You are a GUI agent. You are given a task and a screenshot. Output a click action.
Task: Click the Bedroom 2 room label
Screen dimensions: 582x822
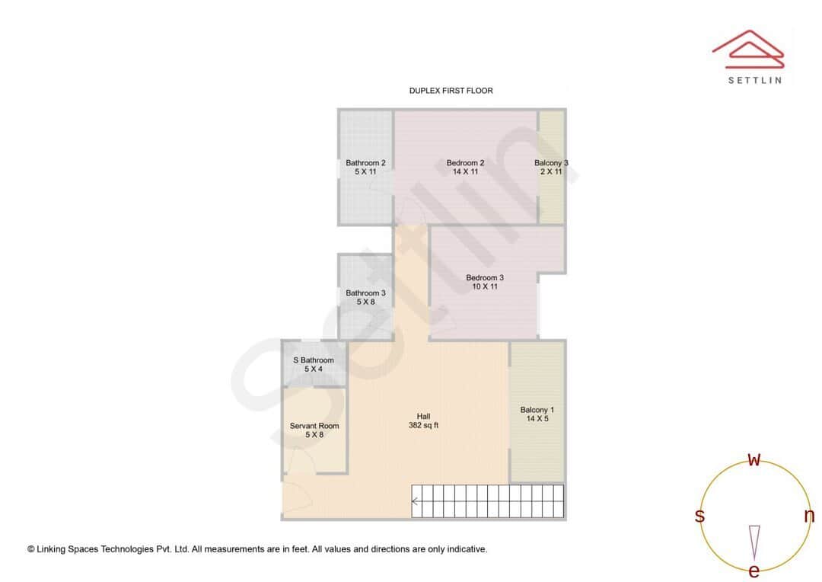pyautogui.click(x=465, y=162)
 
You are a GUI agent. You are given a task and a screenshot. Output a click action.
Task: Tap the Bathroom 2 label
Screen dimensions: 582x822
pyautogui.click(x=365, y=162)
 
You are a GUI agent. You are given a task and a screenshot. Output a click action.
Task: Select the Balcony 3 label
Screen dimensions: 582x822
pyautogui.click(x=551, y=162)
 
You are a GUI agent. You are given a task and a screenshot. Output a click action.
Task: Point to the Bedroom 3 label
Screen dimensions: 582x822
pyautogui.click(x=485, y=277)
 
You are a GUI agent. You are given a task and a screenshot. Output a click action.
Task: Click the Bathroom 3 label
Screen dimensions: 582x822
pyautogui.click(x=365, y=293)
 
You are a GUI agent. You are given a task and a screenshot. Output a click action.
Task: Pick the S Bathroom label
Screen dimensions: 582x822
pyautogui.click(x=314, y=360)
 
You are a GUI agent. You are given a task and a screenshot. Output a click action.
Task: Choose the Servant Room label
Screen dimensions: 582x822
pyautogui.click(x=314, y=426)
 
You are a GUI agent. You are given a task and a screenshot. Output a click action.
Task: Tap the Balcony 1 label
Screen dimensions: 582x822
pyautogui.click(x=537, y=410)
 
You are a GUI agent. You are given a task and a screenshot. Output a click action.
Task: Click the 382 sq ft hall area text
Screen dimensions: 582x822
pyautogui.click(x=423, y=425)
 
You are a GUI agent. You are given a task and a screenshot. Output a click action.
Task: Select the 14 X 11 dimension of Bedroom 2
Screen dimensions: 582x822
pyautogui.click(x=465, y=172)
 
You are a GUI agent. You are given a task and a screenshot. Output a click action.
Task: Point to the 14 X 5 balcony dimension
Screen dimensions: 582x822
pyautogui.click(x=537, y=419)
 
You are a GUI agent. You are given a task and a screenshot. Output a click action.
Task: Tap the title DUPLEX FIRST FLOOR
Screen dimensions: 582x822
pyautogui.click(x=451, y=91)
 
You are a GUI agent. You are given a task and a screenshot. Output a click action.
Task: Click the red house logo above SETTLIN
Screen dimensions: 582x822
pyautogui.click(x=748, y=48)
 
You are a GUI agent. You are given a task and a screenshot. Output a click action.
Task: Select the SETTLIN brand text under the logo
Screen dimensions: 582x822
pyautogui.click(x=754, y=80)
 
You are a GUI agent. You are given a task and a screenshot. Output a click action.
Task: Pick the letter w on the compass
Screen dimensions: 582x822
pyautogui.click(x=754, y=459)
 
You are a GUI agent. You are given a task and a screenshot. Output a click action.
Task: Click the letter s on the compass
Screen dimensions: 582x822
pyautogui.click(x=699, y=516)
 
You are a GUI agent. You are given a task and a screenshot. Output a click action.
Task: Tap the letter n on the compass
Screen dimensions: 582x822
pyautogui.click(x=809, y=516)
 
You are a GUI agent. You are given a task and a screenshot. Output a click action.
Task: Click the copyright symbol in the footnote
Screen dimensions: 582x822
pyautogui.click(x=31, y=548)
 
